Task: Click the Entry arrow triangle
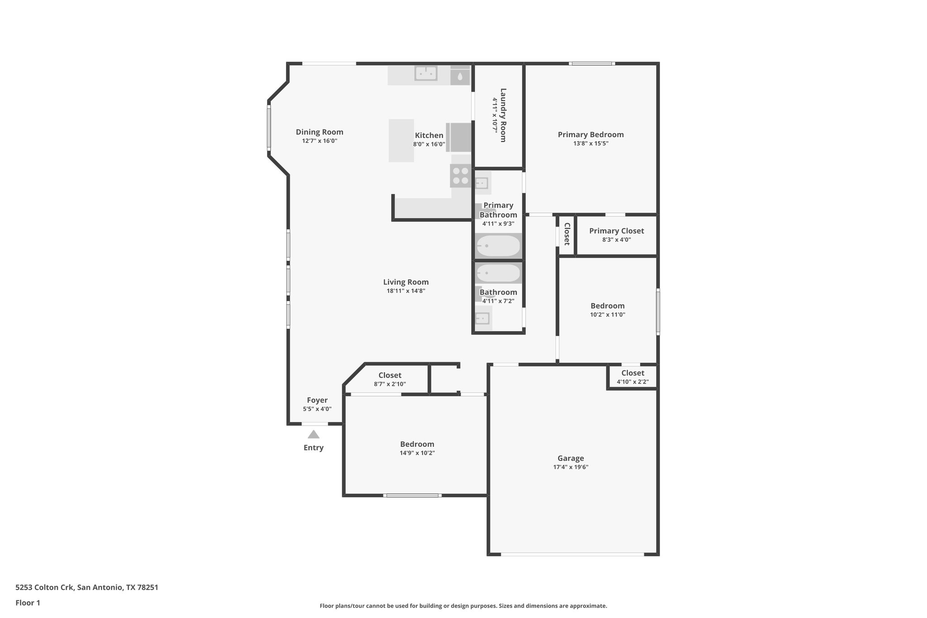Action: tap(313, 435)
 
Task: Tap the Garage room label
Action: tap(570, 458)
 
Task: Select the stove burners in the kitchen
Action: tap(460, 176)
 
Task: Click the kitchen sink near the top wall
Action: tap(426, 73)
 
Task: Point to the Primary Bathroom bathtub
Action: tap(498, 246)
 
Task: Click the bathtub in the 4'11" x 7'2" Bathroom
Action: tap(498, 273)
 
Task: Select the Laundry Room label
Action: tap(503, 115)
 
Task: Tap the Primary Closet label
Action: tap(616, 231)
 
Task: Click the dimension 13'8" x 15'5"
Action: tap(591, 144)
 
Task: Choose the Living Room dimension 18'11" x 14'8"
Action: tap(406, 291)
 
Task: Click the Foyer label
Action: tap(317, 400)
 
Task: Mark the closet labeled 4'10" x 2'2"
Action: tap(632, 377)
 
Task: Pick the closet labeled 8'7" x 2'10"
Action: tap(390, 379)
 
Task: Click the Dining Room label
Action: tap(320, 132)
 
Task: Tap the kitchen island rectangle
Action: tap(401, 140)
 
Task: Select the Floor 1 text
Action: tap(28, 603)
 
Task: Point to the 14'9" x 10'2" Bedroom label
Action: tap(417, 444)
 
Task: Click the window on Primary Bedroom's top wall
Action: tap(592, 64)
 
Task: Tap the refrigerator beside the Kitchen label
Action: tap(459, 137)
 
